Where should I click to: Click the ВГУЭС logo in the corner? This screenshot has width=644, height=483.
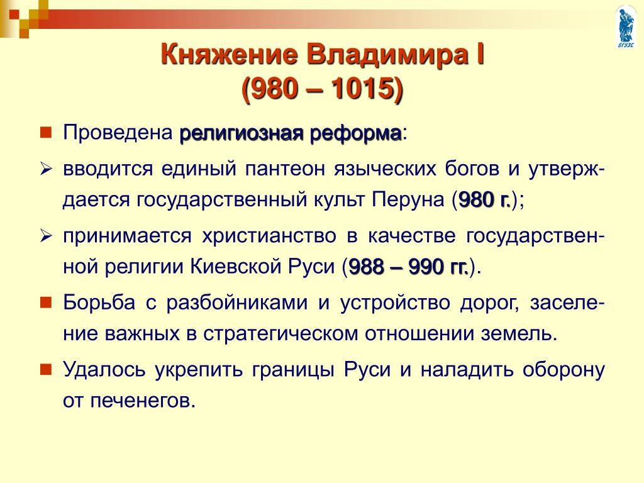(626, 26)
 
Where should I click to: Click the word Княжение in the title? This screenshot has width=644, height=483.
(229, 55)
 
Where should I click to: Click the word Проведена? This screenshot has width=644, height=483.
(118, 133)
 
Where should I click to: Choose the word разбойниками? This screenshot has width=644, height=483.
(237, 303)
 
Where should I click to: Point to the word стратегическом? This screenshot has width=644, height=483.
(281, 334)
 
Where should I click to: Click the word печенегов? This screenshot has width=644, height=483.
(143, 401)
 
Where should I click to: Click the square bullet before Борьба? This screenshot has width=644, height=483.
(45, 303)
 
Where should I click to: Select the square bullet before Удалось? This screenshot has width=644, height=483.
(45, 370)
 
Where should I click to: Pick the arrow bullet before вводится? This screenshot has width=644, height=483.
(45, 169)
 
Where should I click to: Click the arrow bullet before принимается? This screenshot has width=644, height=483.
(45, 236)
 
